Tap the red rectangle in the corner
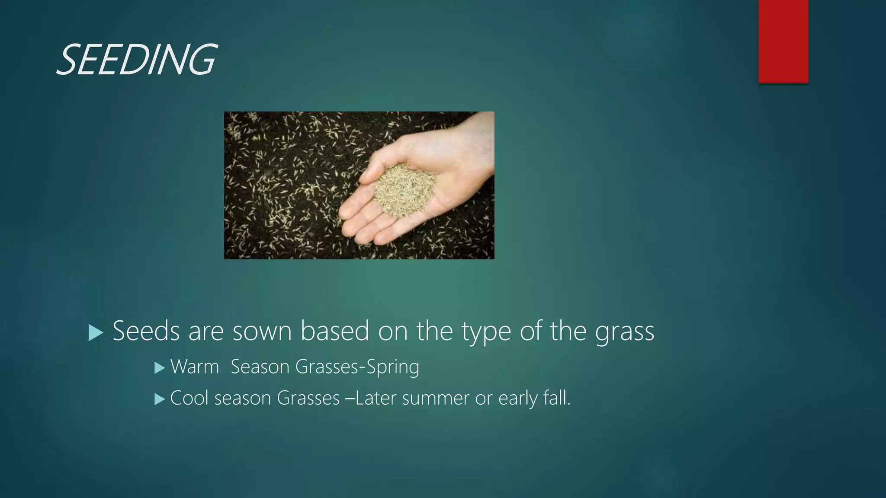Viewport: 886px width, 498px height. coord(783,41)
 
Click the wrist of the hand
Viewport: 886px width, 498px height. coord(480,143)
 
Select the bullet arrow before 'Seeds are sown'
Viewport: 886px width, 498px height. coord(96,333)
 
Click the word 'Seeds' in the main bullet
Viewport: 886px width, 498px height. coord(146,331)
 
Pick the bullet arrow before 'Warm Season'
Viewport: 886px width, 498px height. coord(160,368)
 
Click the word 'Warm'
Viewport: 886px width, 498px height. coord(195,367)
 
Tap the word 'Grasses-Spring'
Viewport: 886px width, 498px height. coord(357,367)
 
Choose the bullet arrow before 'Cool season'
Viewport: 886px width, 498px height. coord(160,399)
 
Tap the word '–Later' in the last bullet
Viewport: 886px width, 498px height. coord(370,398)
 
